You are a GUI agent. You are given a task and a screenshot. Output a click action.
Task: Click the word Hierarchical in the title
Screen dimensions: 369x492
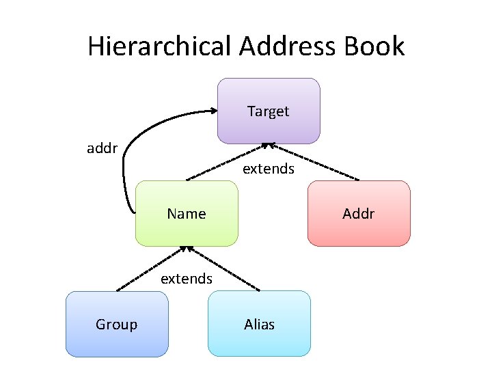coord(160,46)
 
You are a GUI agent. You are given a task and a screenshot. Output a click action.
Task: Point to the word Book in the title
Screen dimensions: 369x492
coord(374,46)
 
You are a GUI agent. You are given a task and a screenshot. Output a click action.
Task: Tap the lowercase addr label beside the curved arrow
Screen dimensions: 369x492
coord(102,148)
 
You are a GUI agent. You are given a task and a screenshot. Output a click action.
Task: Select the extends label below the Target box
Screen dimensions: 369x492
coord(269,168)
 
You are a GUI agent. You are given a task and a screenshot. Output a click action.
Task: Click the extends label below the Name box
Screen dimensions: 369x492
coord(187,279)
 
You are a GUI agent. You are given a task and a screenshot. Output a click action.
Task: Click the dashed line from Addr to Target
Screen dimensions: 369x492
coord(318,162)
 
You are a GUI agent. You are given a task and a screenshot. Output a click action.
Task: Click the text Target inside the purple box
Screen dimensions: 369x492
coord(269,111)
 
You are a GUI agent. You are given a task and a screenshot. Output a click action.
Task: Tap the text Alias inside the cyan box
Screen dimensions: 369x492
coord(259,324)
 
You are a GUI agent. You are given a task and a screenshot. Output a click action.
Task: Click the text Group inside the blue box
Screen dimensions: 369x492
coord(116,324)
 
